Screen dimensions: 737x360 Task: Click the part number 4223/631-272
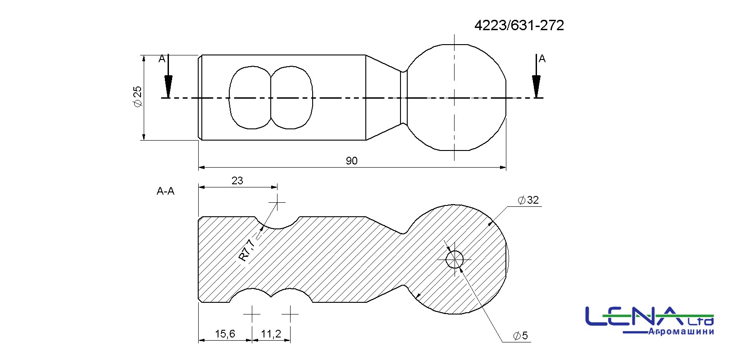click(x=519, y=25)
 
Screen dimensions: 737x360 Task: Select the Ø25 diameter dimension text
click(x=137, y=96)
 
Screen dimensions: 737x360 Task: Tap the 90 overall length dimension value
click(x=351, y=160)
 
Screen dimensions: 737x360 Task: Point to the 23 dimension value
click(x=237, y=180)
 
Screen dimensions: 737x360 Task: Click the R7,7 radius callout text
click(x=247, y=250)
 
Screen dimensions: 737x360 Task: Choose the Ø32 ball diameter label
click(x=528, y=200)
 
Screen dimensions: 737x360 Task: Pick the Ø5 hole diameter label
click(x=520, y=335)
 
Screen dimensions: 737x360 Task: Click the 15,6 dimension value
click(x=225, y=334)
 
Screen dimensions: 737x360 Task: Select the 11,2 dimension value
click(x=271, y=334)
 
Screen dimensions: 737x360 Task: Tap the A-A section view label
click(x=165, y=191)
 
